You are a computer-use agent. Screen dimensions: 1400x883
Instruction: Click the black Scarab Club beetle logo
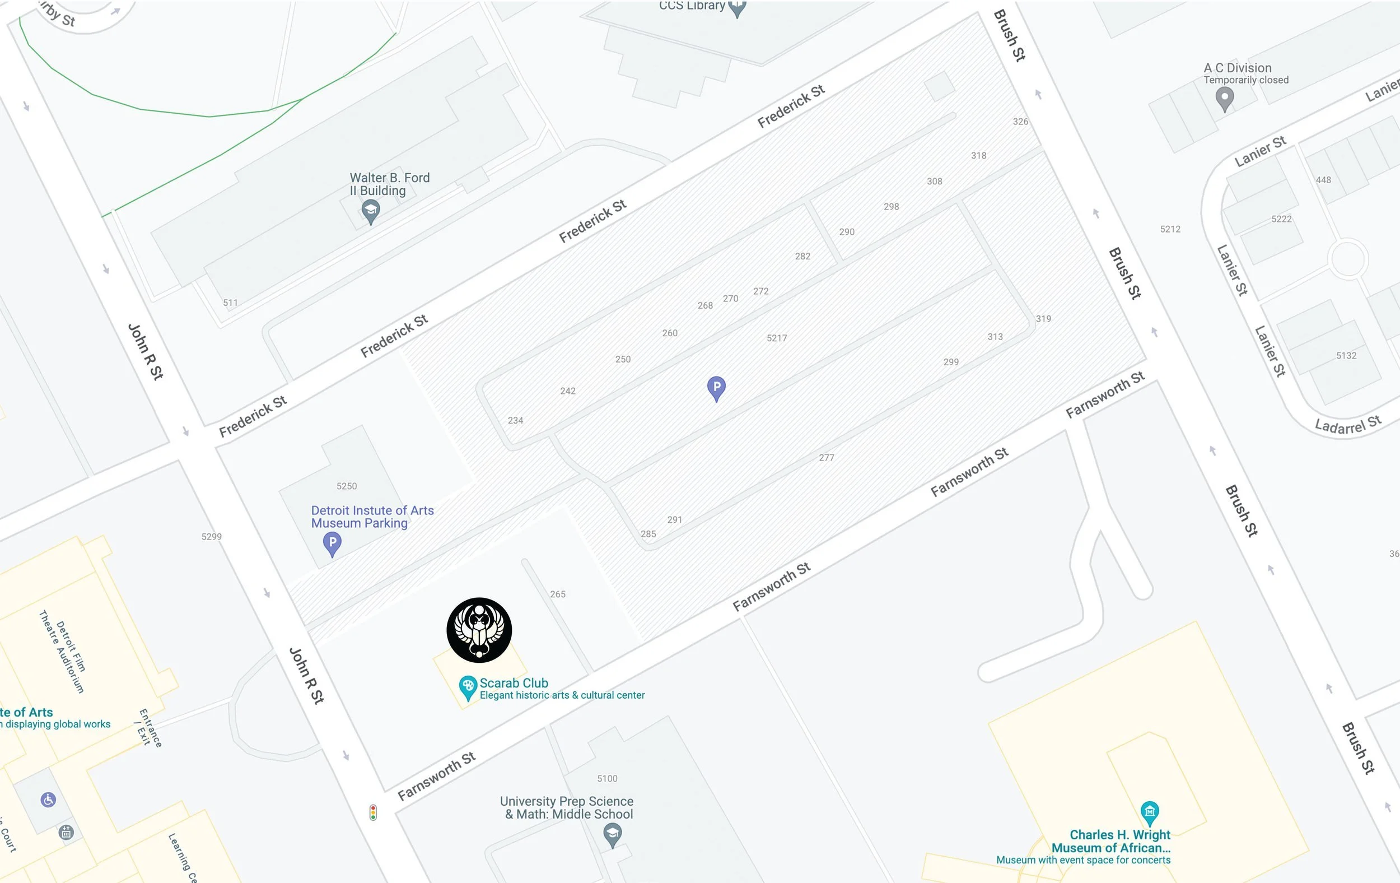pyautogui.click(x=479, y=630)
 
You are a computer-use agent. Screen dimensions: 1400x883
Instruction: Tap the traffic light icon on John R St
pyautogui.click(x=374, y=812)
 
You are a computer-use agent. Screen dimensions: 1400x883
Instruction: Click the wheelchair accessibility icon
pyautogui.click(x=48, y=800)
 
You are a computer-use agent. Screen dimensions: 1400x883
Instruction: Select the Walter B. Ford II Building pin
pyautogui.click(x=370, y=211)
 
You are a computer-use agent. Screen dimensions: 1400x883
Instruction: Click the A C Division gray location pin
pyautogui.click(x=1224, y=98)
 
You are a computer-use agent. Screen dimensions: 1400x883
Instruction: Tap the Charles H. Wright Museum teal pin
pyautogui.click(x=1150, y=811)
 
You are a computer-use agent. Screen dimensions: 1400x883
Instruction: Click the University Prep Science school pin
pyautogui.click(x=612, y=835)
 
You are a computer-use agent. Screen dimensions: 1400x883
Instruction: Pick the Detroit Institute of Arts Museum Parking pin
pyautogui.click(x=332, y=544)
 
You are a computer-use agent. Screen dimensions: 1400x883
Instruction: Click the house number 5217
pyautogui.click(x=777, y=338)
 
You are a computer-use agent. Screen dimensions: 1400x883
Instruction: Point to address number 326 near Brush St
pyautogui.click(x=1020, y=122)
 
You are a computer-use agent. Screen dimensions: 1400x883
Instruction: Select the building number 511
pyautogui.click(x=230, y=303)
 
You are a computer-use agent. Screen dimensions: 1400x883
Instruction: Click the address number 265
pyautogui.click(x=558, y=594)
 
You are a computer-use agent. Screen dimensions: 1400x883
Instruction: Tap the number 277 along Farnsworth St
pyautogui.click(x=826, y=458)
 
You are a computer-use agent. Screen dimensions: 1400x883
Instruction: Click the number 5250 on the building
pyautogui.click(x=347, y=486)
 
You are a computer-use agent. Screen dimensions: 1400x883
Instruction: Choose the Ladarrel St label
pyautogui.click(x=1348, y=425)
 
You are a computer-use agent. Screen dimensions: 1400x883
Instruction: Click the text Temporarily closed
pyautogui.click(x=1246, y=80)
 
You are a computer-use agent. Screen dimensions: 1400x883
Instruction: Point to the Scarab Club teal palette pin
pyautogui.click(x=468, y=687)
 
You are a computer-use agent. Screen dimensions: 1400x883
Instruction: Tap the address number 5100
pyautogui.click(x=607, y=778)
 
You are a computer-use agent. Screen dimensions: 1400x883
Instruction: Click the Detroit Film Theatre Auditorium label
pyautogui.click(x=63, y=652)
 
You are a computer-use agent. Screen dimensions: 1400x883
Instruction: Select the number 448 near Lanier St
pyautogui.click(x=1323, y=180)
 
